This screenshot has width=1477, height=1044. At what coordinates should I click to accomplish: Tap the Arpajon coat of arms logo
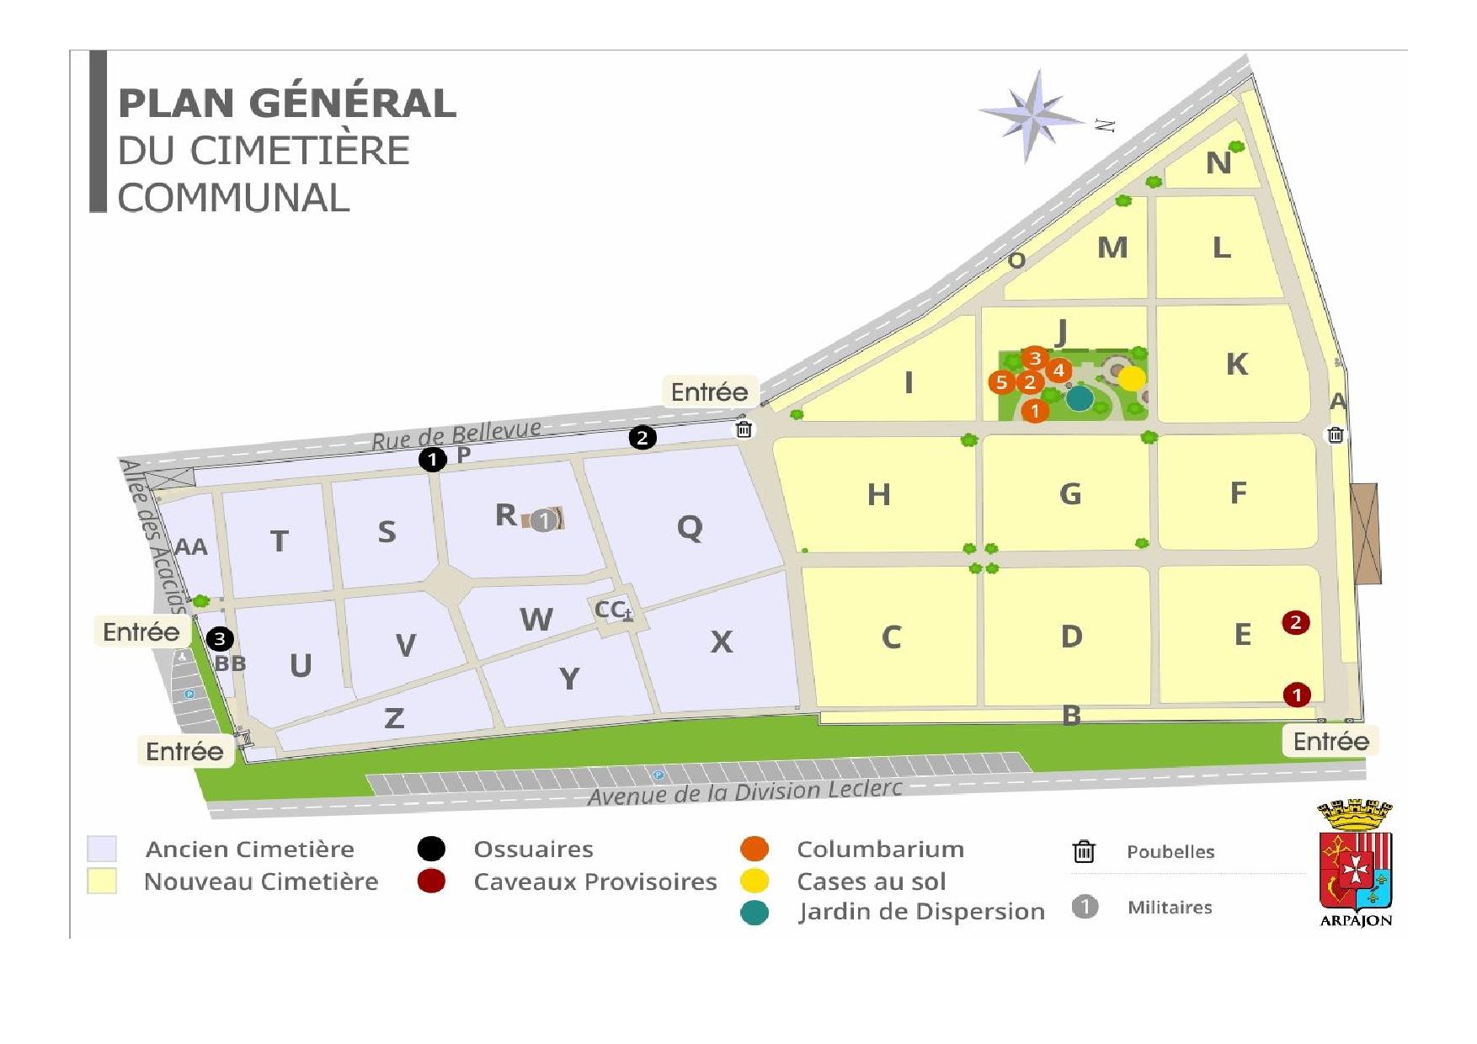tap(1355, 863)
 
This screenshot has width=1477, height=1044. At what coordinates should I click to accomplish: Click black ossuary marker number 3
tap(220, 639)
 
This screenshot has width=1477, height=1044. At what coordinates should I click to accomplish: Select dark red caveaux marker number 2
tap(1295, 623)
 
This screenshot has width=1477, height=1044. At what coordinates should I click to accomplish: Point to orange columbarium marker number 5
tap(1001, 382)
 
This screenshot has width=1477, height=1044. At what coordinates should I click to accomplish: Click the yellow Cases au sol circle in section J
tap(1132, 378)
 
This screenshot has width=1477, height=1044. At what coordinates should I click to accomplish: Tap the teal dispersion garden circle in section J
tap(1079, 398)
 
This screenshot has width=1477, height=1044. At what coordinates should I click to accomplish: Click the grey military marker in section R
tap(545, 520)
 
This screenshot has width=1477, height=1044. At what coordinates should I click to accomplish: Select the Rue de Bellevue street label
tap(456, 434)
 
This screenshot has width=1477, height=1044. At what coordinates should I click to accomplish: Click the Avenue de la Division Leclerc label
tap(744, 792)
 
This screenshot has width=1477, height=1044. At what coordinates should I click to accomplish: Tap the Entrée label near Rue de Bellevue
tap(709, 392)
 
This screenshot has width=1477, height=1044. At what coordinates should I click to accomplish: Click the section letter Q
tap(690, 528)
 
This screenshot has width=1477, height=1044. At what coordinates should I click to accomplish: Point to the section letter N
tap(1218, 162)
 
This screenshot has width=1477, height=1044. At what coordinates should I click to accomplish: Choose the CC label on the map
tap(611, 609)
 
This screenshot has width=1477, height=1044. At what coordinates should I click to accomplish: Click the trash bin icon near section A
tap(1336, 434)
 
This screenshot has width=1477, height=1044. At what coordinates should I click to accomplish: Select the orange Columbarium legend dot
tap(754, 850)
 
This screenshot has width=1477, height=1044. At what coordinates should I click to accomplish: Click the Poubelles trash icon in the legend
tap(1084, 852)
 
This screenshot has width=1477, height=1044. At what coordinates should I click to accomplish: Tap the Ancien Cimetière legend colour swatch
tap(102, 849)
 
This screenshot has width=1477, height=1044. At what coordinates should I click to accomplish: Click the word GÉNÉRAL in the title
tap(353, 104)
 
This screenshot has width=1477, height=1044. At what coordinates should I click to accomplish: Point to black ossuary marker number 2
tap(643, 438)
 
